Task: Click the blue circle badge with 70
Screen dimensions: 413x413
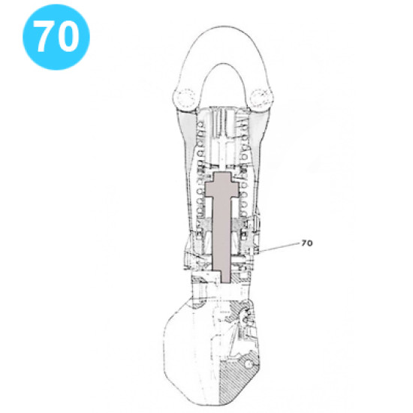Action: point(56,36)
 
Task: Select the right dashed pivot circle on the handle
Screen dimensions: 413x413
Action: point(261,97)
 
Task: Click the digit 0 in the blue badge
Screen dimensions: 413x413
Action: point(68,36)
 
